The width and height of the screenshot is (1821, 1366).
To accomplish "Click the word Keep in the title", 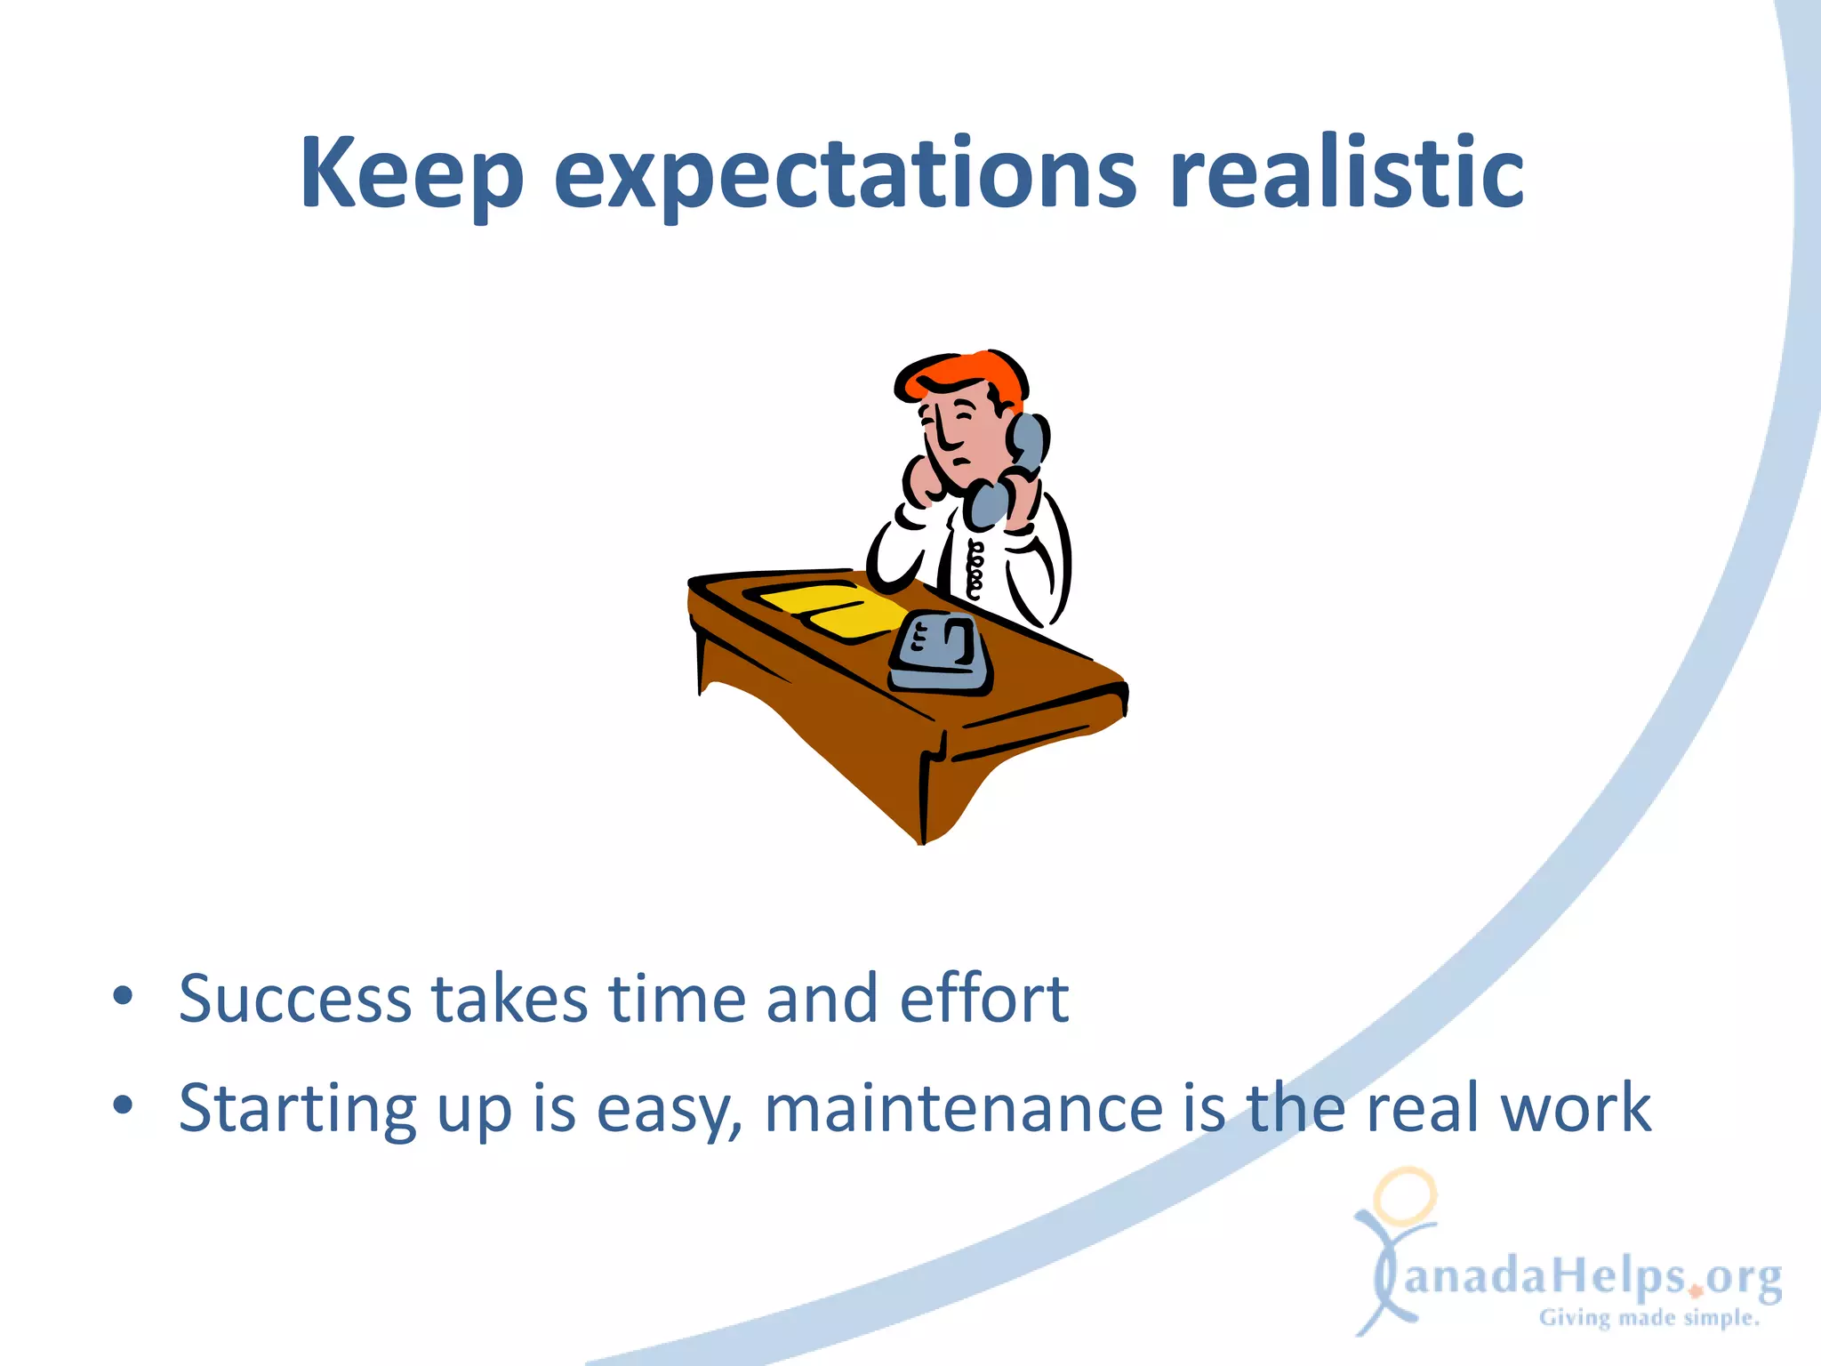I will (411, 173).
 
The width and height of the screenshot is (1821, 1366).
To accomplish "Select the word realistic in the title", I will (1346, 173).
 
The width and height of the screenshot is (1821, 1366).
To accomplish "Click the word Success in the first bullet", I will (294, 999).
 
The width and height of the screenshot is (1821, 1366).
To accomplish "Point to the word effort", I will (983, 999).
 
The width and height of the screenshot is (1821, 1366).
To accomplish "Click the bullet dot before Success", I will (123, 996).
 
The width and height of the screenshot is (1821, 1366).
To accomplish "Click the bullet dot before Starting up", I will (123, 1105).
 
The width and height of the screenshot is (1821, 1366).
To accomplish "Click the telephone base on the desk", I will (940, 654).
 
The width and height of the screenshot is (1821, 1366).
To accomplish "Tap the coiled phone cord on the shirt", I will (975, 569).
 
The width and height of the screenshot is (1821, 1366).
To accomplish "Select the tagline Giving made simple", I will (1649, 1318).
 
